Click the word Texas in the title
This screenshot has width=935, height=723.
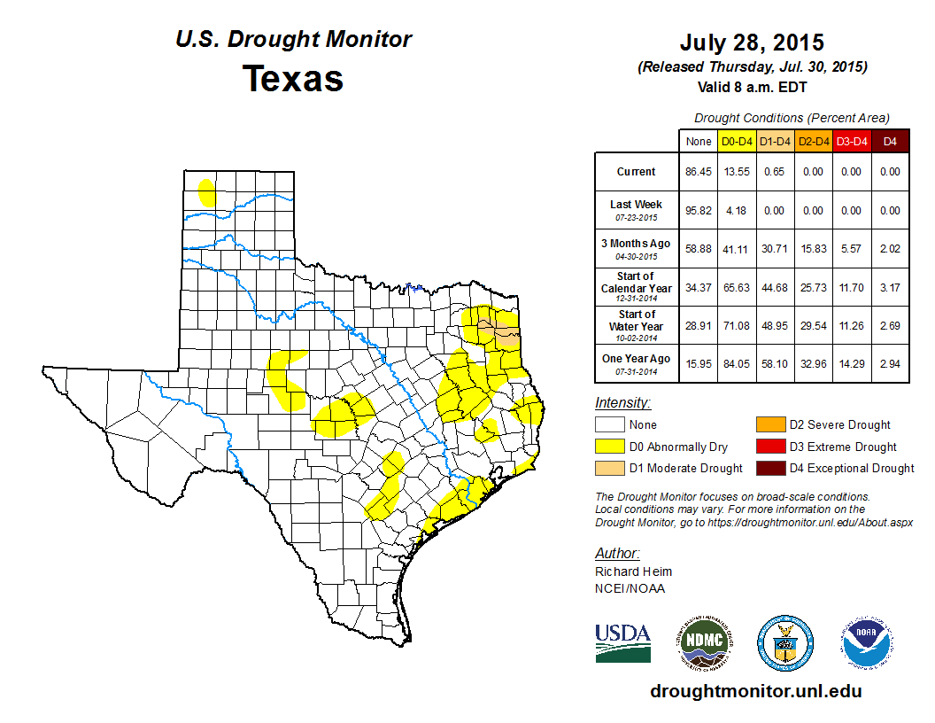(x=293, y=78)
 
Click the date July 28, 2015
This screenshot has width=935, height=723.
(x=752, y=43)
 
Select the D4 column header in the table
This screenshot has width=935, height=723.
(x=891, y=141)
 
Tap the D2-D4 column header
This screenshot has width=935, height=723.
(x=813, y=141)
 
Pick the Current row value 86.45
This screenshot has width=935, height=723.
(x=699, y=172)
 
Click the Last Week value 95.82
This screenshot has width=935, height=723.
(x=699, y=210)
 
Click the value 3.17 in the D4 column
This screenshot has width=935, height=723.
(x=891, y=287)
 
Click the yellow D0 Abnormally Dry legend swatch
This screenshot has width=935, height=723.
(x=609, y=447)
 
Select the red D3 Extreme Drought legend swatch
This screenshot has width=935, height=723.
(x=769, y=447)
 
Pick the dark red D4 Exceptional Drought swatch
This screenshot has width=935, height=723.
(x=769, y=468)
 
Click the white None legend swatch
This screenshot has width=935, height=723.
(x=609, y=425)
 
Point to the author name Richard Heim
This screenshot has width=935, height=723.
(x=633, y=571)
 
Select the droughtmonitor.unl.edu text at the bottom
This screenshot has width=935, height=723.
(x=755, y=691)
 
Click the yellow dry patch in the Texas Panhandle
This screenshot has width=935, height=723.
(x=207, y=191)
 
